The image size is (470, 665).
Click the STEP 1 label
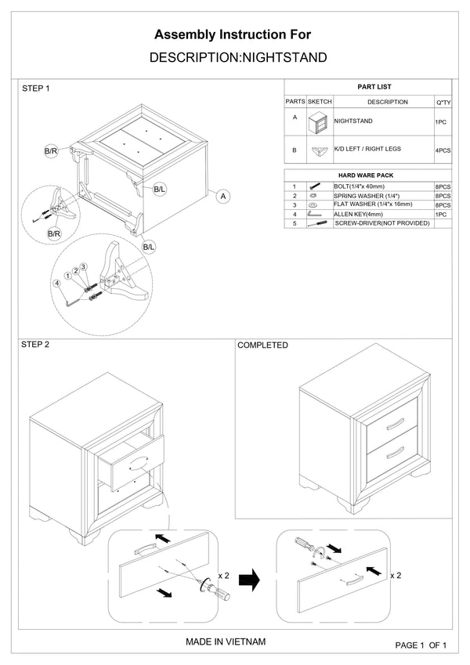(x=35, y=89)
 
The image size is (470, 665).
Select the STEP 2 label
(x=35, y=345)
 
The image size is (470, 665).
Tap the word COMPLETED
(x=262, y=345)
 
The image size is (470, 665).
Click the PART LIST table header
(x=368, y=87)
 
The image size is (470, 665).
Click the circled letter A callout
(x=223, y=196)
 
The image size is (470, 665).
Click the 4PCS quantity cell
(x=443, y=150)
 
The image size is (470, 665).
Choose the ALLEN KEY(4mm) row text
(x=359, y=213)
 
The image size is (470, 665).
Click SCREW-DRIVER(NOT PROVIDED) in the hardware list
(x=382, y=223)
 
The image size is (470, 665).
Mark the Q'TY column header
(x=443, y=103)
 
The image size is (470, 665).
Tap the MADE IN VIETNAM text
(x=226, y=642)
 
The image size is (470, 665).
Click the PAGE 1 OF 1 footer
(x=421, y=645)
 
